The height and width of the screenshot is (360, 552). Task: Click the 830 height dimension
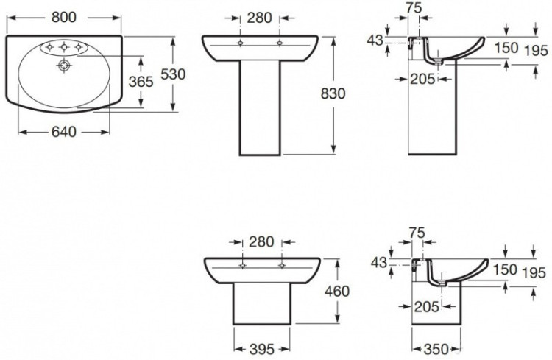point(333,94)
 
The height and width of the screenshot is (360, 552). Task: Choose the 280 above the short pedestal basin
point(261,241)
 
